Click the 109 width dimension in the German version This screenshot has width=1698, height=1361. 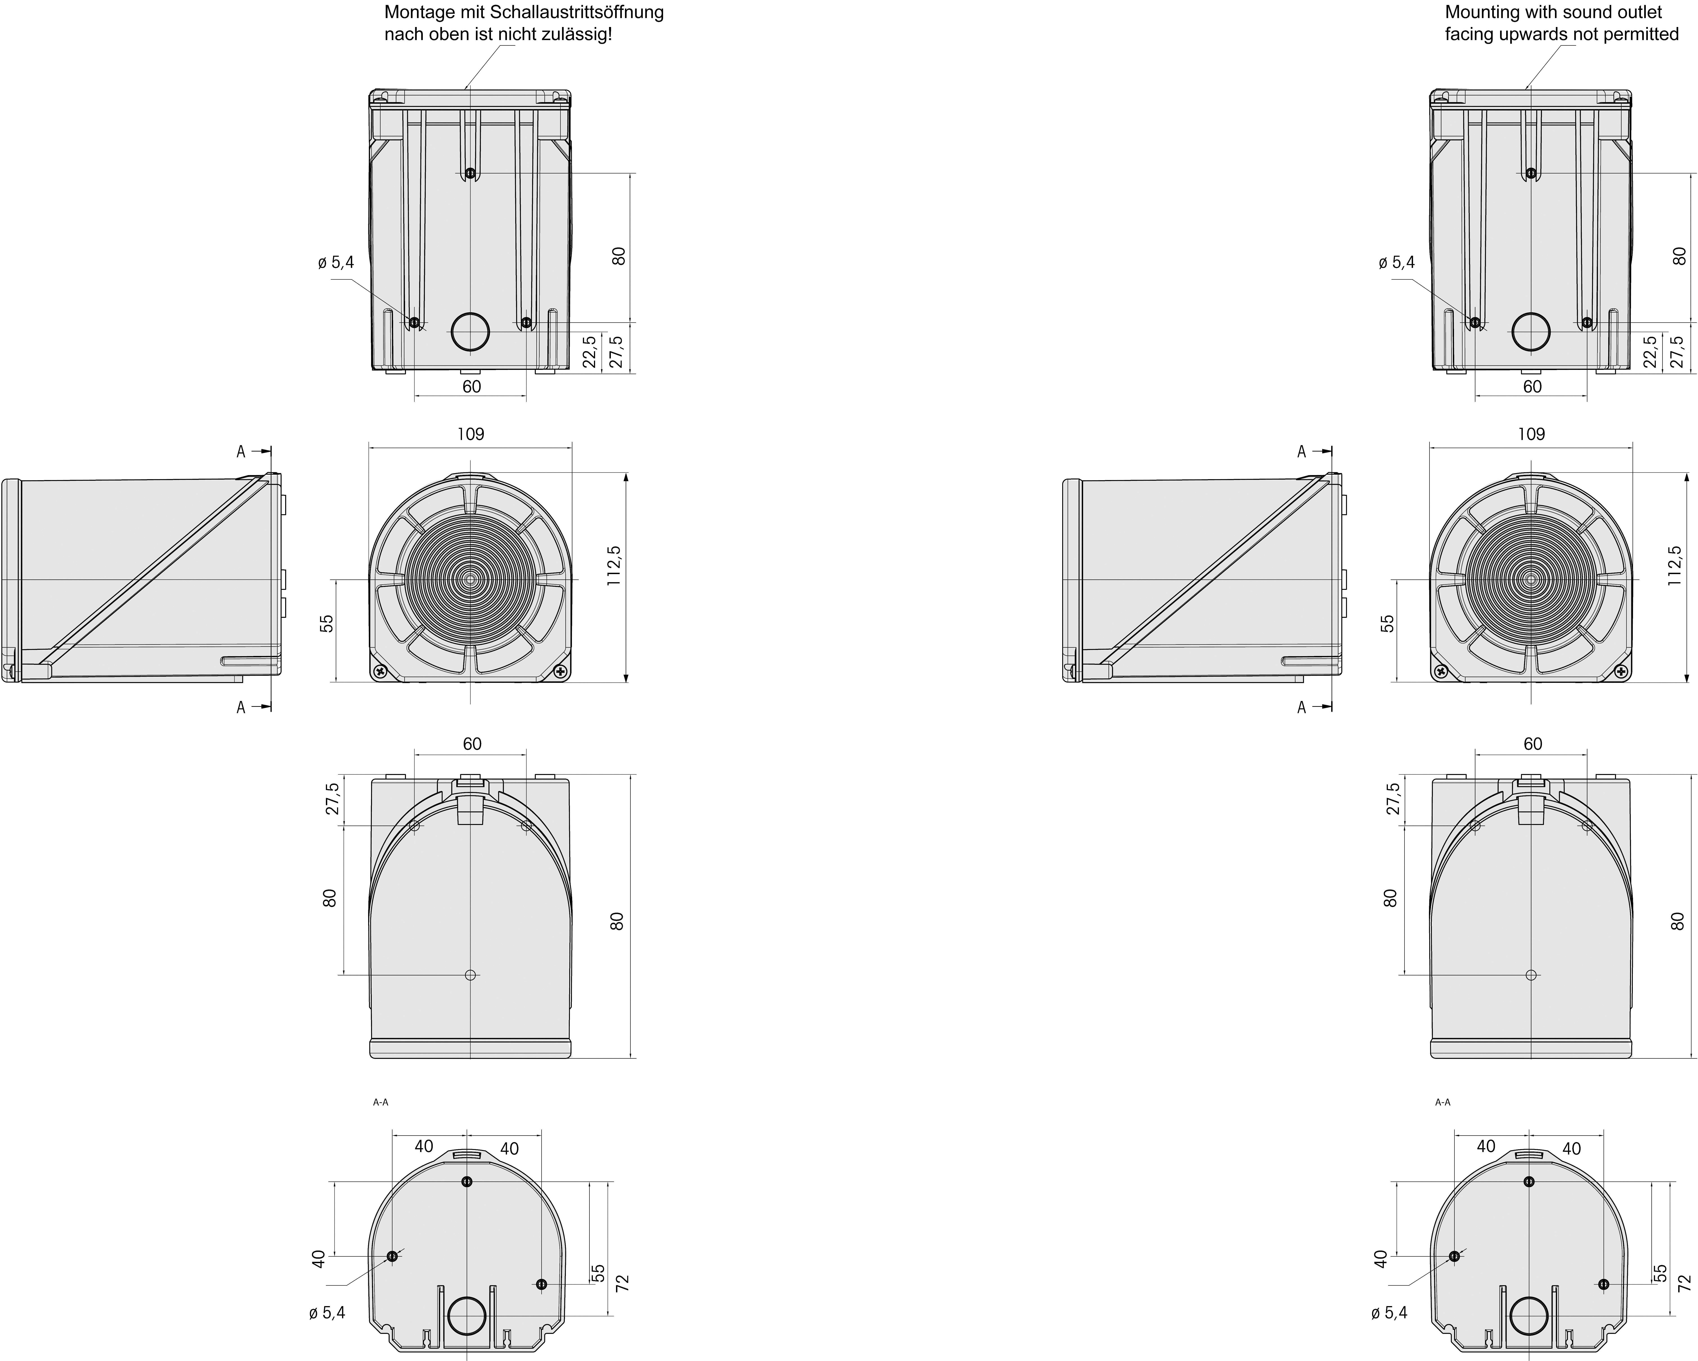tap(471, 434)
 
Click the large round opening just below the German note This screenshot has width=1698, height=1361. tap(470, 332)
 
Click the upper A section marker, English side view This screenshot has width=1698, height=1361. tap(1302, 451)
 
